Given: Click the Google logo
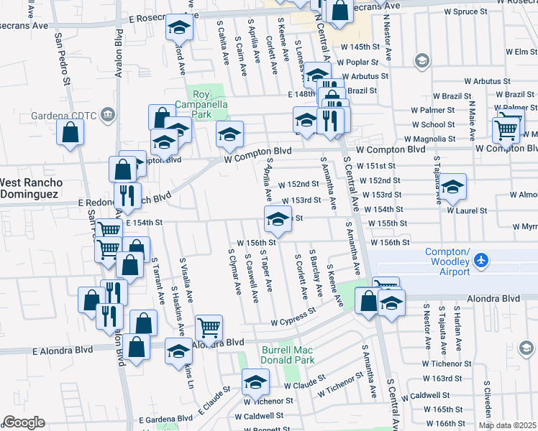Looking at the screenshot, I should (x=23, y=422).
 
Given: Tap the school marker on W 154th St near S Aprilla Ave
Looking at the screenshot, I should (x=278, y=218).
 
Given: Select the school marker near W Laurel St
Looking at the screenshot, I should (x=452, y=186).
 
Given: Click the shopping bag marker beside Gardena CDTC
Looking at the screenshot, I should (x=70, y=131).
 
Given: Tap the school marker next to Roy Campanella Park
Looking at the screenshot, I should (x=229, y=134).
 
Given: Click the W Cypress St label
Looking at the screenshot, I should (x=293, y=318).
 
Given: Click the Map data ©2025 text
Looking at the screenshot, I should (x=507, y=425).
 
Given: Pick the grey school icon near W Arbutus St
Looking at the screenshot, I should (x=421, y=61).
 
